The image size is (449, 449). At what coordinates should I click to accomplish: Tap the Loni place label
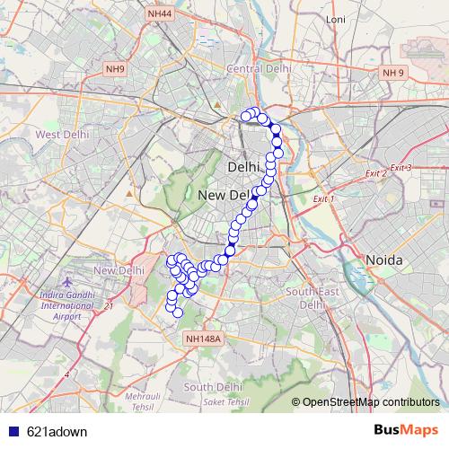(337, 44)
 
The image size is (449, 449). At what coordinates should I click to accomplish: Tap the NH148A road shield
(201, 339)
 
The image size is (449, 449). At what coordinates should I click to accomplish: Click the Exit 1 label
(323, 198)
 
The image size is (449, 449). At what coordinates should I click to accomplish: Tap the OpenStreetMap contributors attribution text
(370, 402)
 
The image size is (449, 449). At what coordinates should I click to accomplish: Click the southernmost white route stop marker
(178, 313)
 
